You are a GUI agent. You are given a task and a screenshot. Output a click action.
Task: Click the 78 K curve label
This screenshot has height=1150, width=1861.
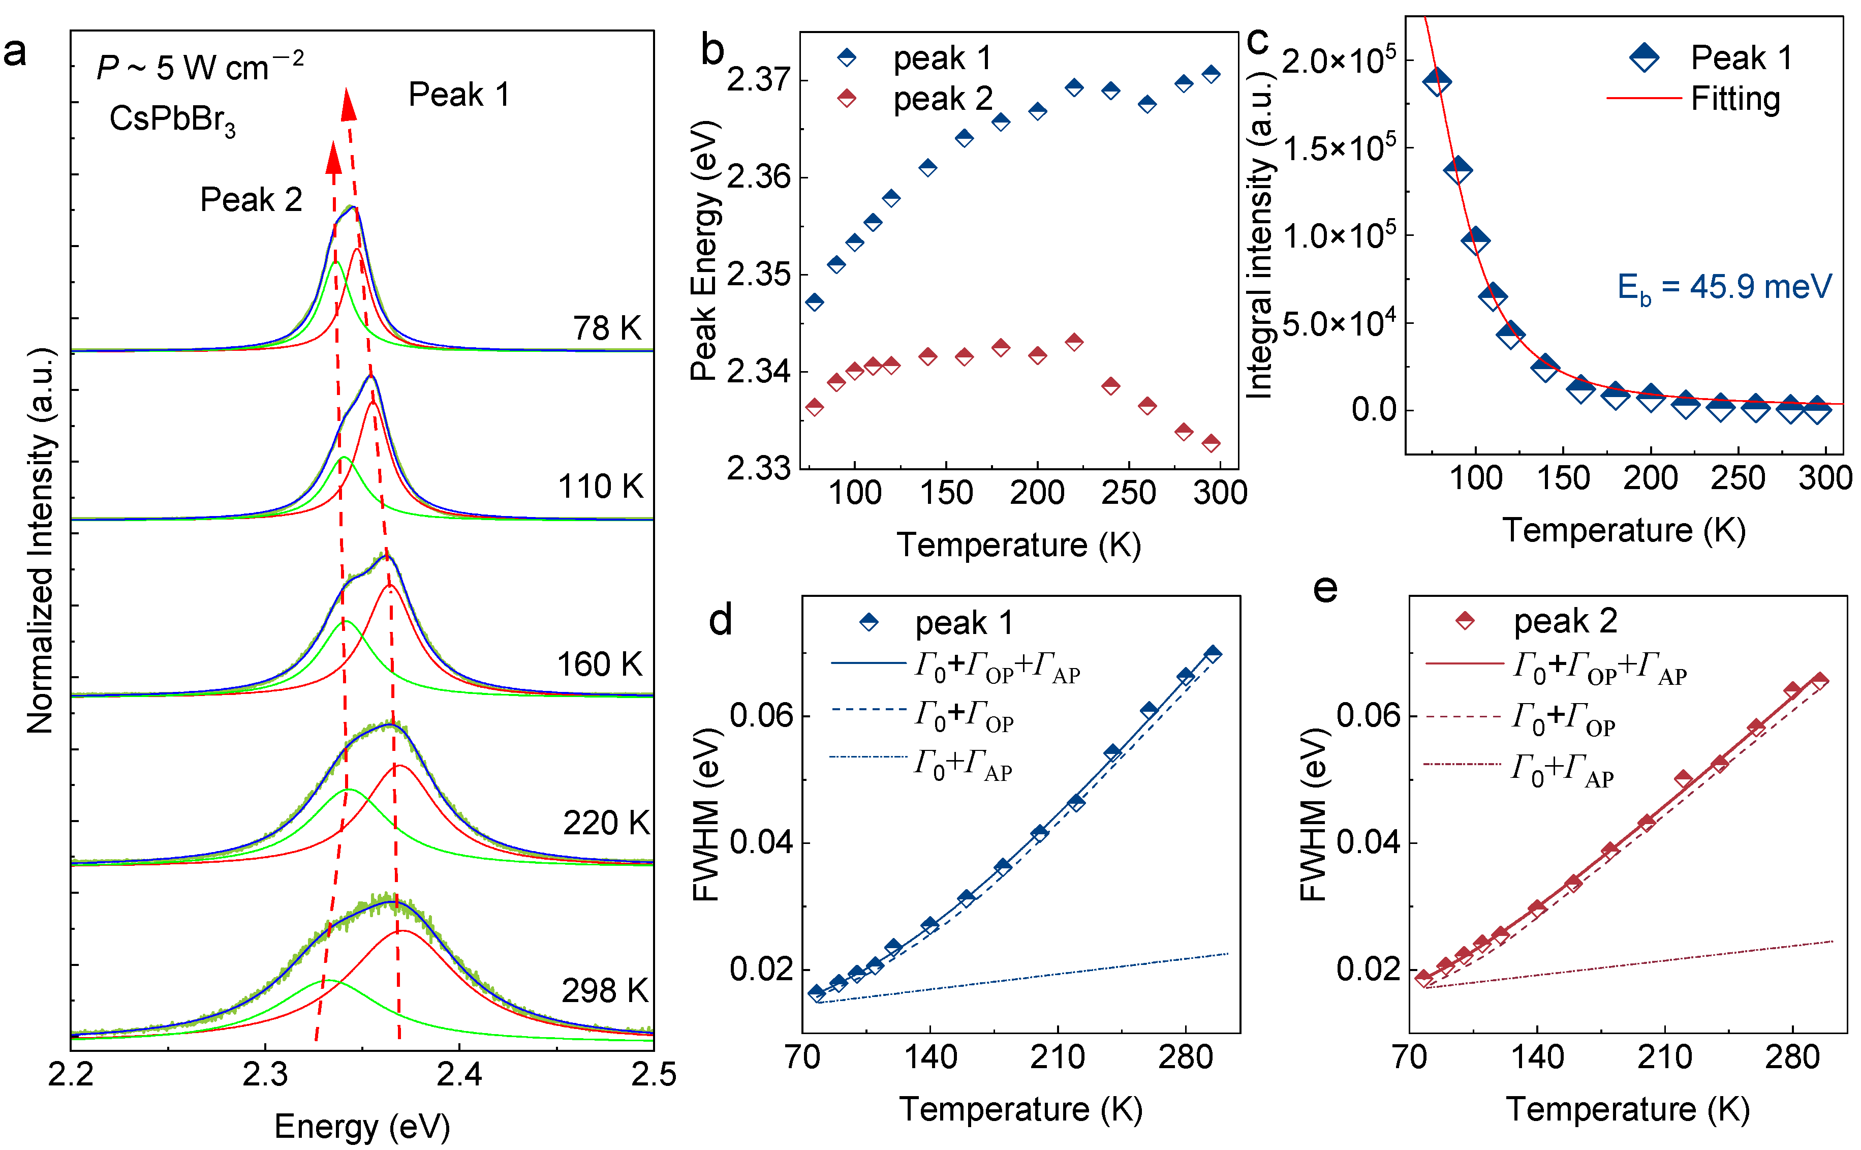click(x=607, y=328)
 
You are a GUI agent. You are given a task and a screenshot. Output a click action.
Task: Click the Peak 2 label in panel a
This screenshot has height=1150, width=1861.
click(x=251, y=200)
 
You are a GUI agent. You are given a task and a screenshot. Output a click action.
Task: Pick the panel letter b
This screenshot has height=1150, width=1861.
click(x=712, y=50)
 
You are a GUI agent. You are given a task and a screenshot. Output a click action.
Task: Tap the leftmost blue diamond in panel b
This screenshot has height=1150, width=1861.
click(x=814, y=302)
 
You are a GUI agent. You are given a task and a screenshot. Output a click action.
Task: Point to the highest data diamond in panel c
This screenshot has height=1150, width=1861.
click(x=1436, y=81)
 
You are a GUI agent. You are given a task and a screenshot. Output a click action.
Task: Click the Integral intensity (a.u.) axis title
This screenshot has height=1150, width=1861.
click(x=1260, y=236)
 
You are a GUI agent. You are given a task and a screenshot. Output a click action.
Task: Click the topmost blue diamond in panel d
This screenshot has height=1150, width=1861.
click(x=1213, y=653)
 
